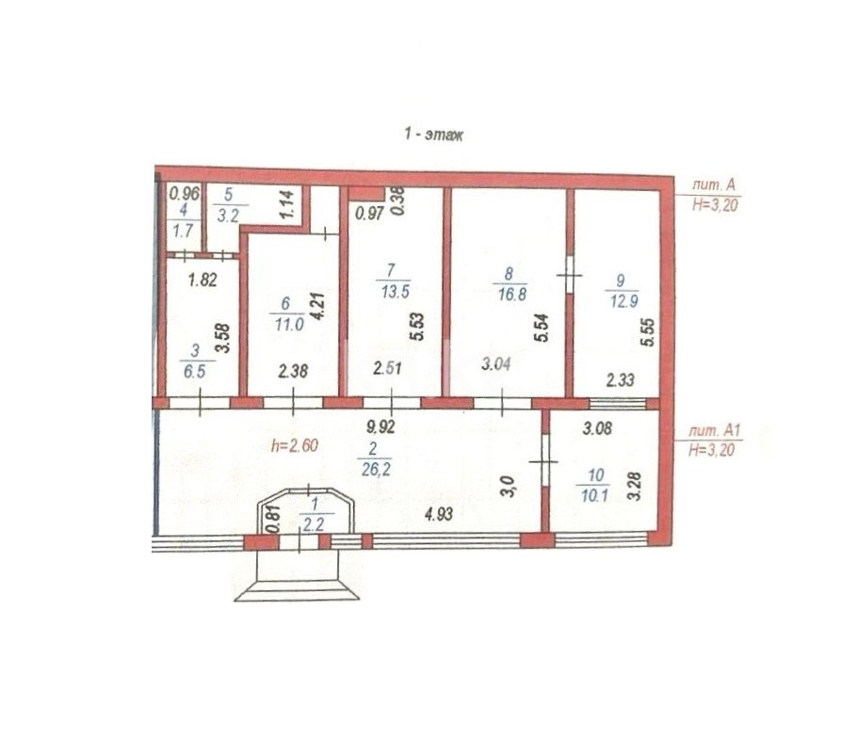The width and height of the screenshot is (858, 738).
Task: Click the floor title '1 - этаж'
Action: (433, 134)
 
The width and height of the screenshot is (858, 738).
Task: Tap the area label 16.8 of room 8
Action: (512, 294)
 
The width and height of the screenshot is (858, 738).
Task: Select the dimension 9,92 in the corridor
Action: (380, 426)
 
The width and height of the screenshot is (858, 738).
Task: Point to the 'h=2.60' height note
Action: (295, 445)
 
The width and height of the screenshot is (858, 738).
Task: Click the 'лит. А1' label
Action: (714, 430)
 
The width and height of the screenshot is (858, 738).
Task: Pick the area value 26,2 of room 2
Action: (376, 469)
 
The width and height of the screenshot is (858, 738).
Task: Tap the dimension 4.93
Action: (438, 514)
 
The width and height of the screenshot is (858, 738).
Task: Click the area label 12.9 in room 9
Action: (624, 301)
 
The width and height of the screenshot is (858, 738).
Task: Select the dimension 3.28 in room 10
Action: (634, 487)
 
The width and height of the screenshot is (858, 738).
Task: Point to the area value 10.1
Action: (594, 496)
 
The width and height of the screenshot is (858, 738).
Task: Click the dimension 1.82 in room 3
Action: (202, 281)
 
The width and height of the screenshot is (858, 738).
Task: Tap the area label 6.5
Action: (194, 372)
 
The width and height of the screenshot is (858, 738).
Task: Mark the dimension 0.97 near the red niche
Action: (369, 213)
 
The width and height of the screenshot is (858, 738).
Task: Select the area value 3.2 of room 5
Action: (228, 216)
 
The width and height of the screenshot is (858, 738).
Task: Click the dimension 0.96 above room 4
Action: (185, 193)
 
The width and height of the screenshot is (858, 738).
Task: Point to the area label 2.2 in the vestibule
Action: (314, 525)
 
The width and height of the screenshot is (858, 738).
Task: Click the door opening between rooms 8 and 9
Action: (569, 275)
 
